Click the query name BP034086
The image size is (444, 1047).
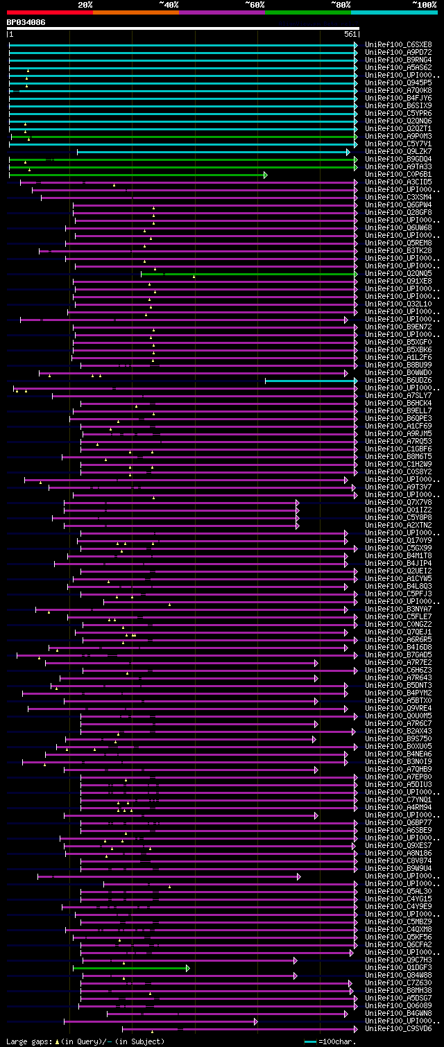point(26,22)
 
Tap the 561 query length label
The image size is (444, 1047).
point(350,34)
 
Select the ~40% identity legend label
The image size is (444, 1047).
point(169,5)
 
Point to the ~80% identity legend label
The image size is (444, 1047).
point(341,5)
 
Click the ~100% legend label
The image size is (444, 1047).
point(425,5)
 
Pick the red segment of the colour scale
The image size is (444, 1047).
point(49,12)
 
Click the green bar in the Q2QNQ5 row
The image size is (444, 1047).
point(250,274)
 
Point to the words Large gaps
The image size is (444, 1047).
point(28,1041)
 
